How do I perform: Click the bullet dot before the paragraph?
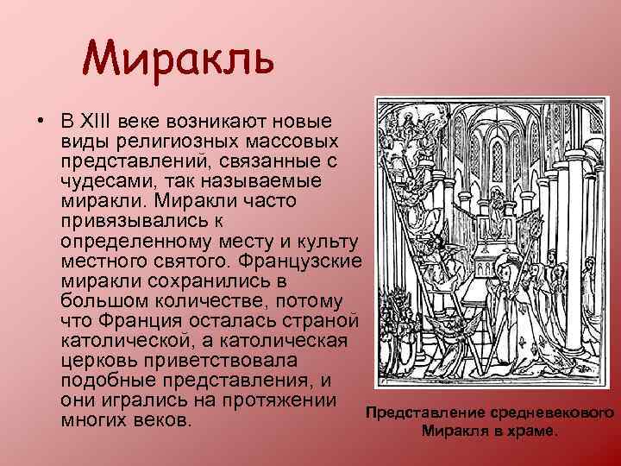pyautogui.click(x=41, y=119)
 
